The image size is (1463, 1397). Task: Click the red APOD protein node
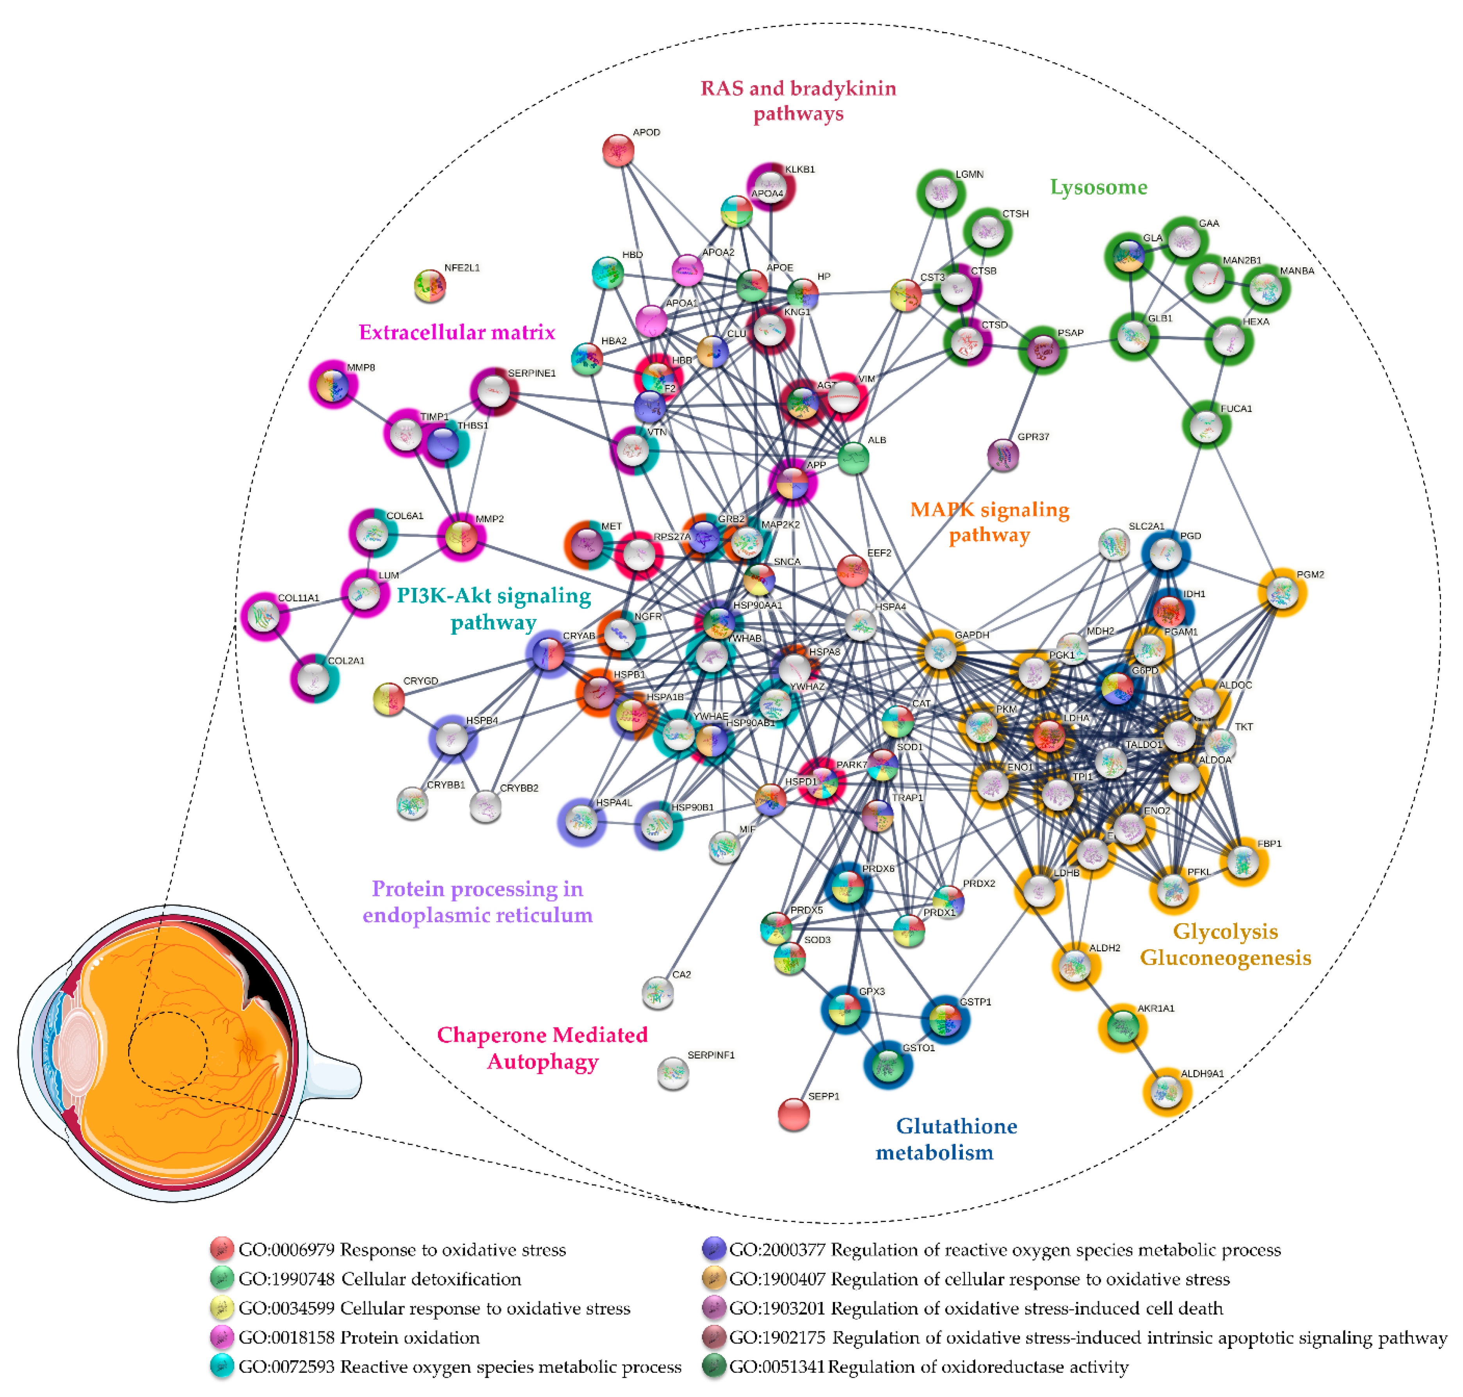(617, 150)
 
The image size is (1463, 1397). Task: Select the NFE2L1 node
(429, 285)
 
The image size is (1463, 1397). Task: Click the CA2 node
(657, 992)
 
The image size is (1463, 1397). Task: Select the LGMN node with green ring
(941, 193)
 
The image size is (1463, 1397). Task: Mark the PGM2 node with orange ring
(1281, 593)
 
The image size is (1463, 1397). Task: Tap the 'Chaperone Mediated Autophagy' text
(542, 1047)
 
